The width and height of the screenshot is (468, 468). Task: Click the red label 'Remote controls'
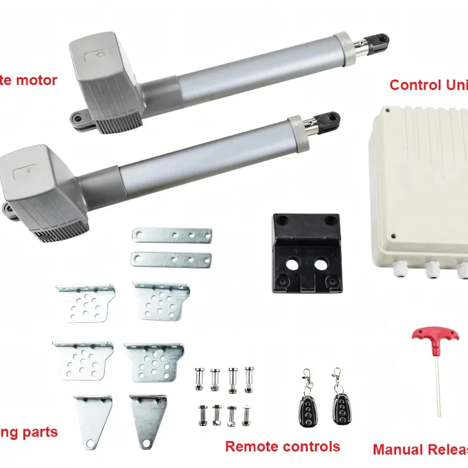pyautogui.click(x=283, y=446)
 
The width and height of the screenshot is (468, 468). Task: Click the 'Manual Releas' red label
pyautogui.click(x=420, y=450)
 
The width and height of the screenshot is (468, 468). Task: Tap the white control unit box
pyautogui.click(x=421, y=187)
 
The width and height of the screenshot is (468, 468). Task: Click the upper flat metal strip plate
pyautogui.click(x=171, y=236)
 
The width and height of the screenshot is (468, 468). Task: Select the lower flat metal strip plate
pyautogui.click(x=171, y=258)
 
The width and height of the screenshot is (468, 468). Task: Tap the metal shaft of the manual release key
pyautogui.click(x=438, y=380)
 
